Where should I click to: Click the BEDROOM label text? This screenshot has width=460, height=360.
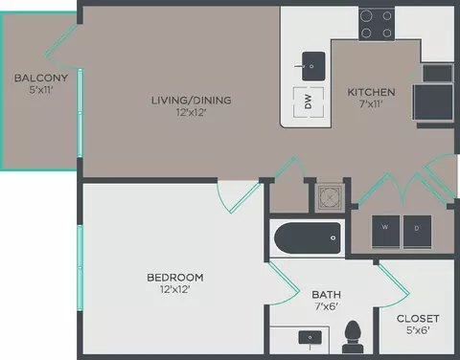point(174,278)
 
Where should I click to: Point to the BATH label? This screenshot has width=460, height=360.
point(326,295)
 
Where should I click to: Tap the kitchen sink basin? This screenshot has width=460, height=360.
point(310,68)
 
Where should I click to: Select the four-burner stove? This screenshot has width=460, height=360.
point(378,25)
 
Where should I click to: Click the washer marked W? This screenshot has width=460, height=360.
point(385,228)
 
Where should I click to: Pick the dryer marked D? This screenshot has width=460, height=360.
point(417,228)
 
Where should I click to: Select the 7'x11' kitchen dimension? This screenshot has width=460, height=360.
point(371,105)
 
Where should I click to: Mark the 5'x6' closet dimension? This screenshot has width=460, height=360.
point(418,331)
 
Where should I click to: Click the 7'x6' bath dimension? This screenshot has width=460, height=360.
point(326,308)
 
